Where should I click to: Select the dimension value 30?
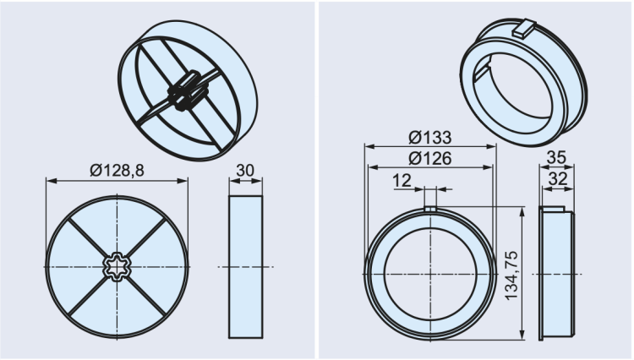pos(245,171)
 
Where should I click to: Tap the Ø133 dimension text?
pos(429,138)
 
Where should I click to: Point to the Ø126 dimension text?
pos(429,157)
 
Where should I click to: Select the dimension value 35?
pos(556,157)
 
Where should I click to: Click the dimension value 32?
pos(556,179)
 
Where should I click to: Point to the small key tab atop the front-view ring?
pos(429,209)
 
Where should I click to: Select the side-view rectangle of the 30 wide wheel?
pos(246,266)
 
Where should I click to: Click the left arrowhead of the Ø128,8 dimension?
pos(50,180)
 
